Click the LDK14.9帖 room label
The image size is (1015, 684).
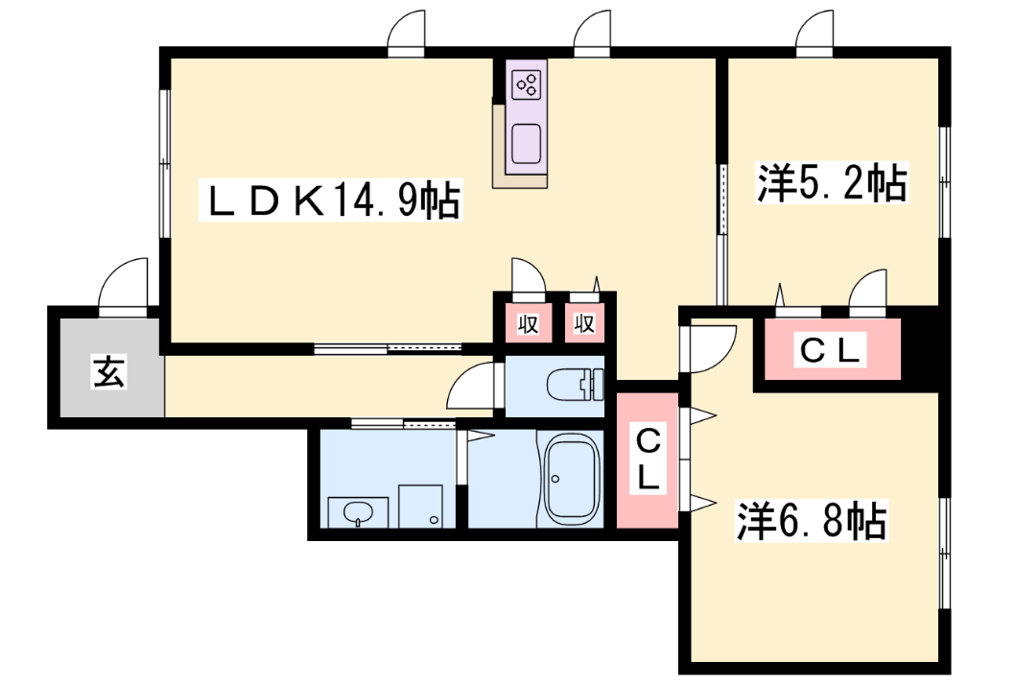click(x=331, y=200)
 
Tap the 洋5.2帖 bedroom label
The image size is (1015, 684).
click(x=833, y=182)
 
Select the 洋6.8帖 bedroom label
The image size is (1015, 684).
click(x=812, y=520)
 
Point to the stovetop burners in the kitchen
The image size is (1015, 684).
click(x=527, y=84)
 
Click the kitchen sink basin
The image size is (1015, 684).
click(x=527, y=144)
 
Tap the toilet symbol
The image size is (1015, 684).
click(x=575, y=386)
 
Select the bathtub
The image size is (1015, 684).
click(x=571, y=480)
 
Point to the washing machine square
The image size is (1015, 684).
click(x=421, y=507)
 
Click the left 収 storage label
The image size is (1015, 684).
click(x=529, y=323)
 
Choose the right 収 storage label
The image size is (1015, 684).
click(x=584, y=323)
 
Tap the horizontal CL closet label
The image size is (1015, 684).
click(x=831, y=351)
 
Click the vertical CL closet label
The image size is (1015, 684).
click(x=648, y=460)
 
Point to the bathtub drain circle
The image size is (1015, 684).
click(x=555, y=479)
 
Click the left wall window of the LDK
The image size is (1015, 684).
click(x=164, y=163)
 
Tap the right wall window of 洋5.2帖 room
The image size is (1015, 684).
click(x=944, y=182)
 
